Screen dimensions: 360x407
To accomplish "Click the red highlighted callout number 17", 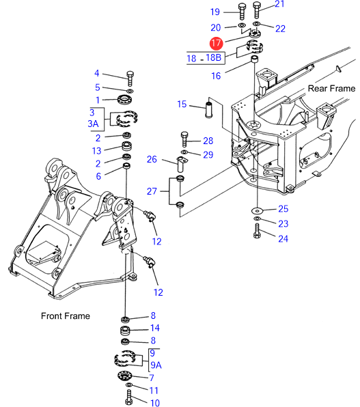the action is tap(216, 43).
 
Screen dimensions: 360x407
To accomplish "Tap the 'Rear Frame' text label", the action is tap(331, 89).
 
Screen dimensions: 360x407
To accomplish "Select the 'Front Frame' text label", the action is tap(66, 316).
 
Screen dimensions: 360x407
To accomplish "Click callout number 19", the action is tap(215, 12).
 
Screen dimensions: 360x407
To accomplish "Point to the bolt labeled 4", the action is tap(130, 79).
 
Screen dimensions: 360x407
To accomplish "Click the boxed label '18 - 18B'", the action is tap(206, 57).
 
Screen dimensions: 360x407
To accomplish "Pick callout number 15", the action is tap(182, 104).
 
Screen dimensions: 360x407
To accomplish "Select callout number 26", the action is tap(152, 159).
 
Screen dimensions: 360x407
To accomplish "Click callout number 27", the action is tap(152, 191).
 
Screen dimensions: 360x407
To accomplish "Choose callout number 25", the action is tap(283, 209).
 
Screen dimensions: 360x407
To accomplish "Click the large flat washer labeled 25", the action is tap(257, 210).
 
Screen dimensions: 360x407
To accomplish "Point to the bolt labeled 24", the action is tap(257, 231).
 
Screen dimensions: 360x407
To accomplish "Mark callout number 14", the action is tap(155, 328).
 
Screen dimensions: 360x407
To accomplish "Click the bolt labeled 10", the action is tap(129, 397).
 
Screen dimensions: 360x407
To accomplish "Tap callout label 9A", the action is tap(156, 365).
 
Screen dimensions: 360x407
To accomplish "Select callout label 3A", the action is tap(94, 124).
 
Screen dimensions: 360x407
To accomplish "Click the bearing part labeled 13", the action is tap(127, 146).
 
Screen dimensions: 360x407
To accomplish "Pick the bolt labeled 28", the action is tap(184, 139).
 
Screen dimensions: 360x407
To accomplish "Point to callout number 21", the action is tap(279, 4).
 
